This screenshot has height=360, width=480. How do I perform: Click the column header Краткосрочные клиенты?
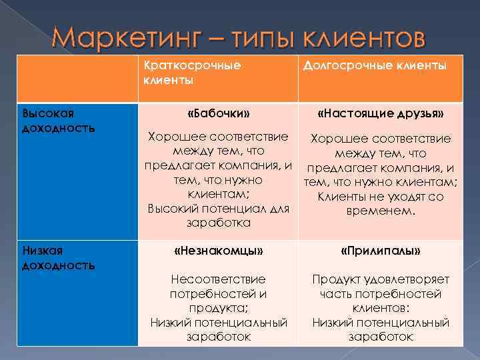tap(192, 73)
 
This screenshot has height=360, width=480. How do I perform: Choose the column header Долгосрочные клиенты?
tap(375, 65)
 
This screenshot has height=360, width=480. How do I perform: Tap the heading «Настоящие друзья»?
tap(381, 113)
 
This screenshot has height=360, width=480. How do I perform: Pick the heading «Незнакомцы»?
tap(218, 251)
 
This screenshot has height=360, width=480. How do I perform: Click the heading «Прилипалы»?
tap(381, 251)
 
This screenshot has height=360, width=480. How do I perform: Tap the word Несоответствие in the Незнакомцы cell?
tap(218, 279)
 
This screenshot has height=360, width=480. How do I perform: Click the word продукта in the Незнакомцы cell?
tap(218, 308)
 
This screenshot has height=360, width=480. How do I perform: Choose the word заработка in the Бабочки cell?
tap(218, 223)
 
